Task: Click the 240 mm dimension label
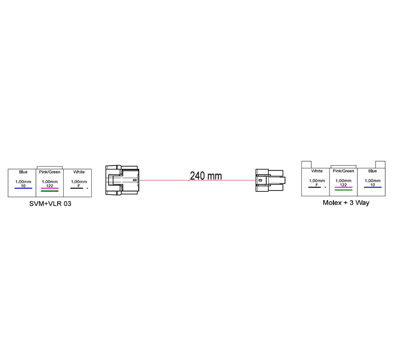(x=206, y=176)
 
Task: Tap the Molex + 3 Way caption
(x=345, y=203)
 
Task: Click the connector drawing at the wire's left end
(x=122, y=180)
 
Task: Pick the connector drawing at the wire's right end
(x=270, y=180)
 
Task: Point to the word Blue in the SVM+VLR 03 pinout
(x=23, y=172)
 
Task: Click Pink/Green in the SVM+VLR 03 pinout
(x=50, y=172)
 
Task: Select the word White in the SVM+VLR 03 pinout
(x=79, y=172)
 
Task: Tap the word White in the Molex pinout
(x=317, y=171)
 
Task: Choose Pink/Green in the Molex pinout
(x=344, y=171)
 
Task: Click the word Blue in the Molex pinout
(x=373, y=171)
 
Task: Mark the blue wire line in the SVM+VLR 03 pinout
(x=23, y=189)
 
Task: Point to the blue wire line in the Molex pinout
(x=373, y=187)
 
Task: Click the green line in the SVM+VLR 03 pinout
(x=50, y=191)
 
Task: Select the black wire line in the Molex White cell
(x=315, y=187)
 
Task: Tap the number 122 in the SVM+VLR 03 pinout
(x=50, y=185)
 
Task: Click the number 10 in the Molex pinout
(x=373, y=184)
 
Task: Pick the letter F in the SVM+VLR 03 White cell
(x=78, y=185)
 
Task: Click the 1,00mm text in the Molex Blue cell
(x=373, y=180)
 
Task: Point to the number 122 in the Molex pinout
(x=344, y=184)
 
